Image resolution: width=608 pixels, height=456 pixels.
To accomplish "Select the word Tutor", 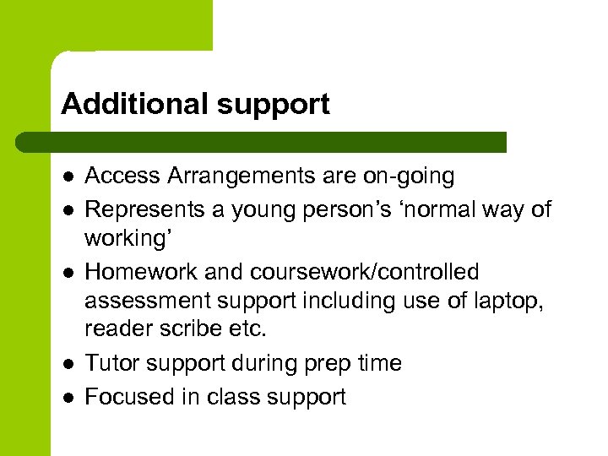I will click(111, 364).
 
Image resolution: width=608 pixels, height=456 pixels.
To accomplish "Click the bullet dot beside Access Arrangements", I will click(67, 176).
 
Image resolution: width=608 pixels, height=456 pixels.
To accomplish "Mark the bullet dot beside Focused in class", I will click(67, 397).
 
